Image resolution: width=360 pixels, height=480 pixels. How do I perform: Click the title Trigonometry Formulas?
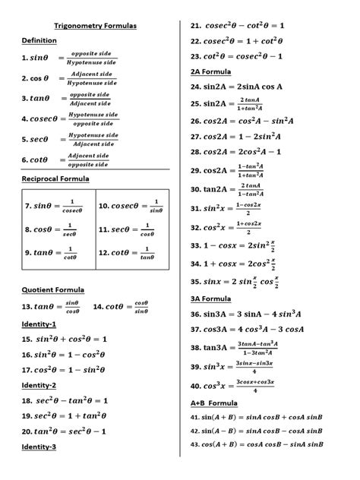point(95,26)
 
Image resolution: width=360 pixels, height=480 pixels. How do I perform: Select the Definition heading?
point(39,40)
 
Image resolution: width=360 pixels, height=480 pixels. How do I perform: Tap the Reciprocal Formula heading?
point(55,178)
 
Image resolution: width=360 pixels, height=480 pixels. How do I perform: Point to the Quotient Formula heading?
point(53,289)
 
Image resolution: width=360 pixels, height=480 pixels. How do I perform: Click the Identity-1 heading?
point(39,324)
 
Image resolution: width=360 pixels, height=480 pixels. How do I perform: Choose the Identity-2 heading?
point(39,385)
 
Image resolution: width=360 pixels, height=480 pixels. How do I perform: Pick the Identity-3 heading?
point(39,447)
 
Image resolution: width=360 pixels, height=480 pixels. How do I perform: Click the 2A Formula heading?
point(211,71)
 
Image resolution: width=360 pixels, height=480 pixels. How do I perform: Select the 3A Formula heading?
point(211,298)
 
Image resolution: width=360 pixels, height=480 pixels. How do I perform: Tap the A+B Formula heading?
point(214,403)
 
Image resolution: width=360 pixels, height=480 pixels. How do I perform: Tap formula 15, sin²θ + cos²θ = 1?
point(65,339)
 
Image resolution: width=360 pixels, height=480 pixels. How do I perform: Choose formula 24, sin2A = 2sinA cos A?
point(237,87)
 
